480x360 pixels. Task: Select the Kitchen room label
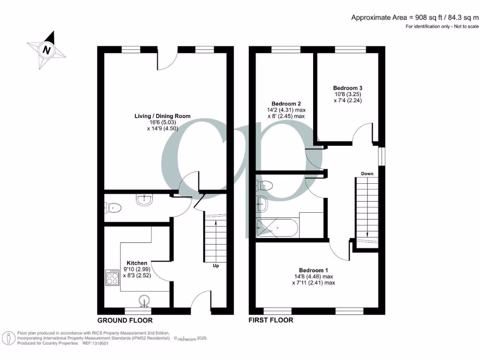pyautogui.click(x=137, y=263)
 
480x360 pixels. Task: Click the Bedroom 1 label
pyautogui.click(x=314, y=270)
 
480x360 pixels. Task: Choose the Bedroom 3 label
pyautogui.click(x=347, y=88)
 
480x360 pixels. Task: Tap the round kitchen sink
pyautogui.click(x=145, y=299)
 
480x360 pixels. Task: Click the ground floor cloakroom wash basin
pyautogui.click(x=144, y=201)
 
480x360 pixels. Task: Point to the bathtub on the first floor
pyautogui.click(x=277, y=227)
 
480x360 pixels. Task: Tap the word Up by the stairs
pyautogui.click(x=216, y=266)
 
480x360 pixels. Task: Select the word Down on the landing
pyautogui.click(x=367, y=174)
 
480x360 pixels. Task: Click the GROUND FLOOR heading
pyautogui.click(x=125, y=321)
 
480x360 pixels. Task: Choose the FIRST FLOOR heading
pyautogui.click(x=271, y=320)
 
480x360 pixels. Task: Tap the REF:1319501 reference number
pyautogui.click(x=95, y=343)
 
